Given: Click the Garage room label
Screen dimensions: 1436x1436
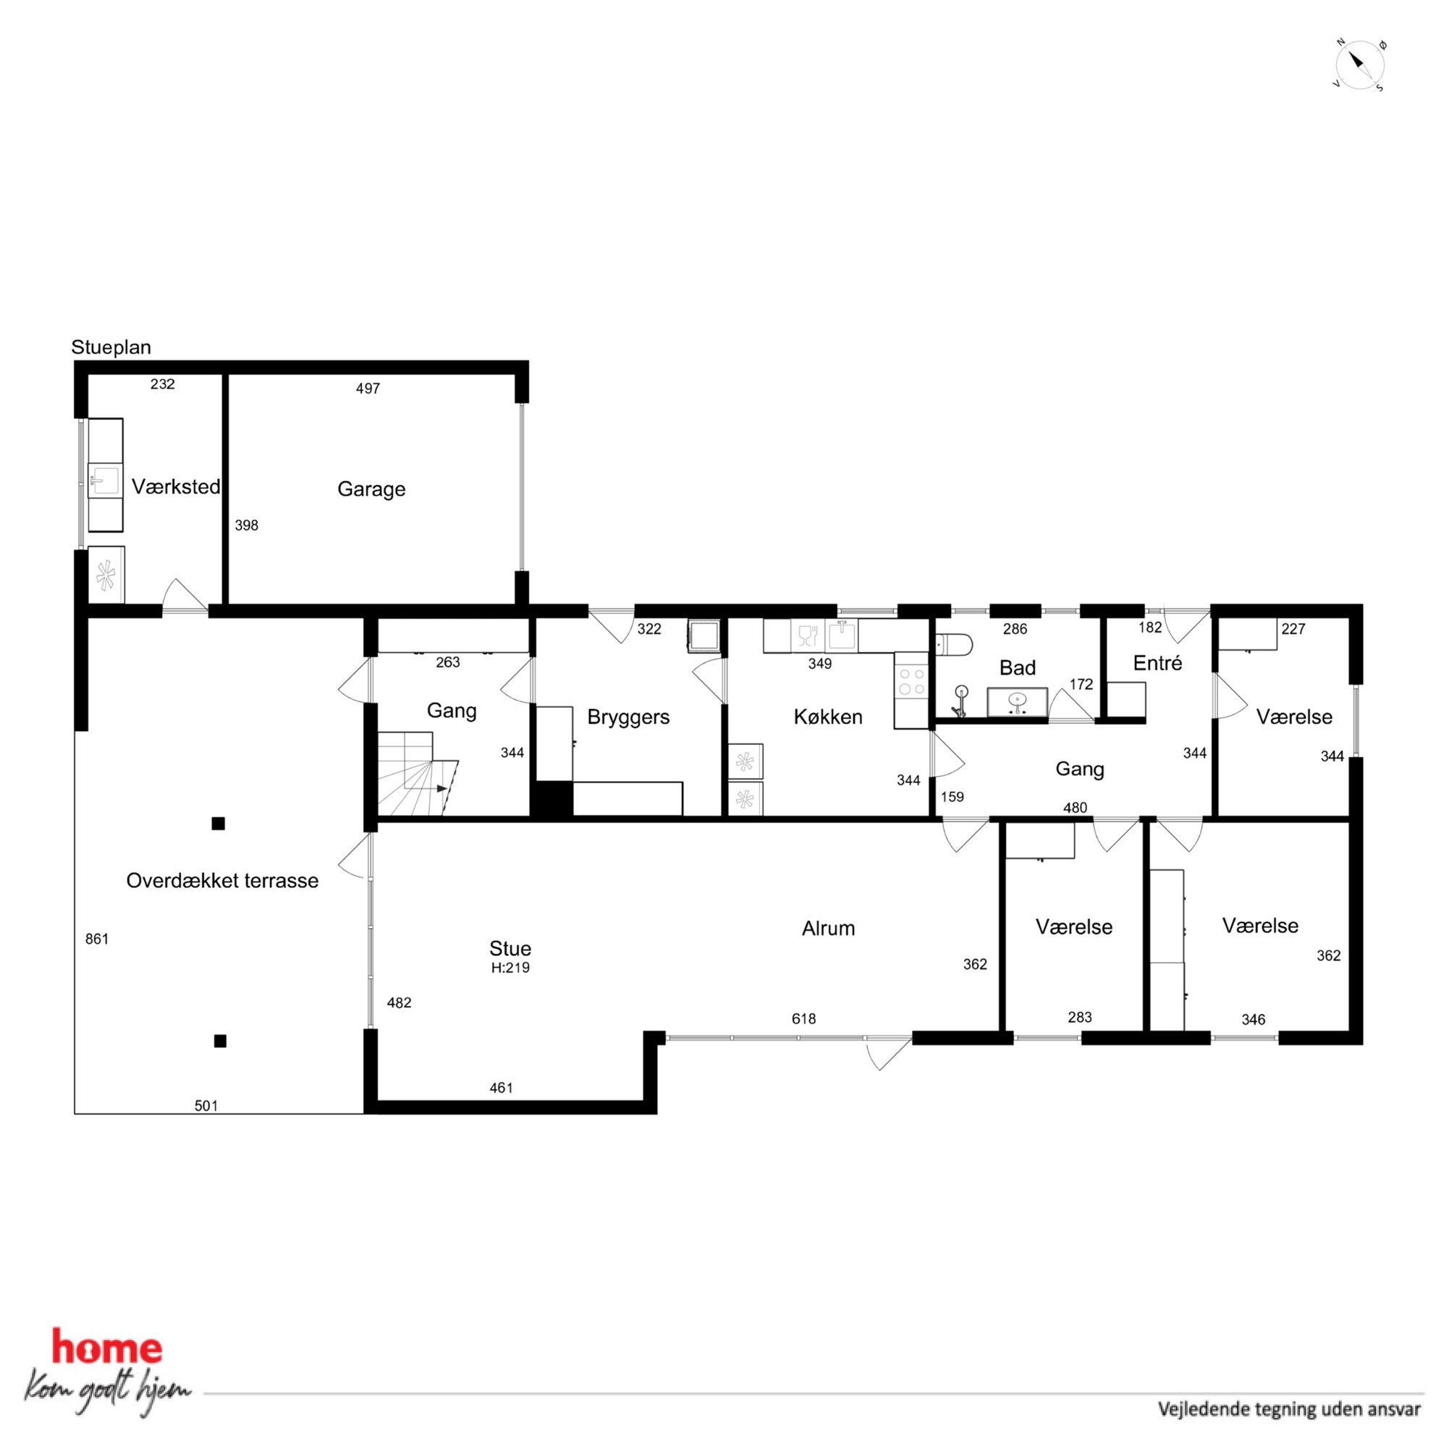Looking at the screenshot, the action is tap(371, 489).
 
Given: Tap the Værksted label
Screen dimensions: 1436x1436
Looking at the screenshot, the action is tap(176, 487).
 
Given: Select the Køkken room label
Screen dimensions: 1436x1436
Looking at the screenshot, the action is tap(828, 717).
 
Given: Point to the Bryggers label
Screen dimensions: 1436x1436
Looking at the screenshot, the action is tap(628, 717).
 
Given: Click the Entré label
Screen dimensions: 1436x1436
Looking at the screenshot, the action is tap(1157, 663).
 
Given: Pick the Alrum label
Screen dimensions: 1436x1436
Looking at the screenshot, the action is tap(828, 929).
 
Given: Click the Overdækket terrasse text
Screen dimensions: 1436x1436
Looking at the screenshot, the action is tap(222, 881).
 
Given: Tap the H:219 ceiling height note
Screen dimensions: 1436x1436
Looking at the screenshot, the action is tap(510, 968).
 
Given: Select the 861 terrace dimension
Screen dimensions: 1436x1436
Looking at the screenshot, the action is tap(96, 939).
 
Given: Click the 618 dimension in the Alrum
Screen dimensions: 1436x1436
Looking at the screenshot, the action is tap(803, 1019).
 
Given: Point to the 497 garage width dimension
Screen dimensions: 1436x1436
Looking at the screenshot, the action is tap(368, 388).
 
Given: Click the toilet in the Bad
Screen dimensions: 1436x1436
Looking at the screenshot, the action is tap(954, 643).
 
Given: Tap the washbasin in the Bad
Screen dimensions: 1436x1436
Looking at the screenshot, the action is tap(1017, 702).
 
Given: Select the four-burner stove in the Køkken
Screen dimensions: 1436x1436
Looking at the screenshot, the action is tap(912, 683).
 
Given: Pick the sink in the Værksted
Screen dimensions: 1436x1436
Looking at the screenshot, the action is tap(105, 480).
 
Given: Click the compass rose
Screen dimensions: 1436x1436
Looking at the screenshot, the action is tap(1360, 65).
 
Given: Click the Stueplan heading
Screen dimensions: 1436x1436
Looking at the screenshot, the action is tap(111, 347).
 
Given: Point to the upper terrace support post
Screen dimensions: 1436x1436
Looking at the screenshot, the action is tap(219, 824).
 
